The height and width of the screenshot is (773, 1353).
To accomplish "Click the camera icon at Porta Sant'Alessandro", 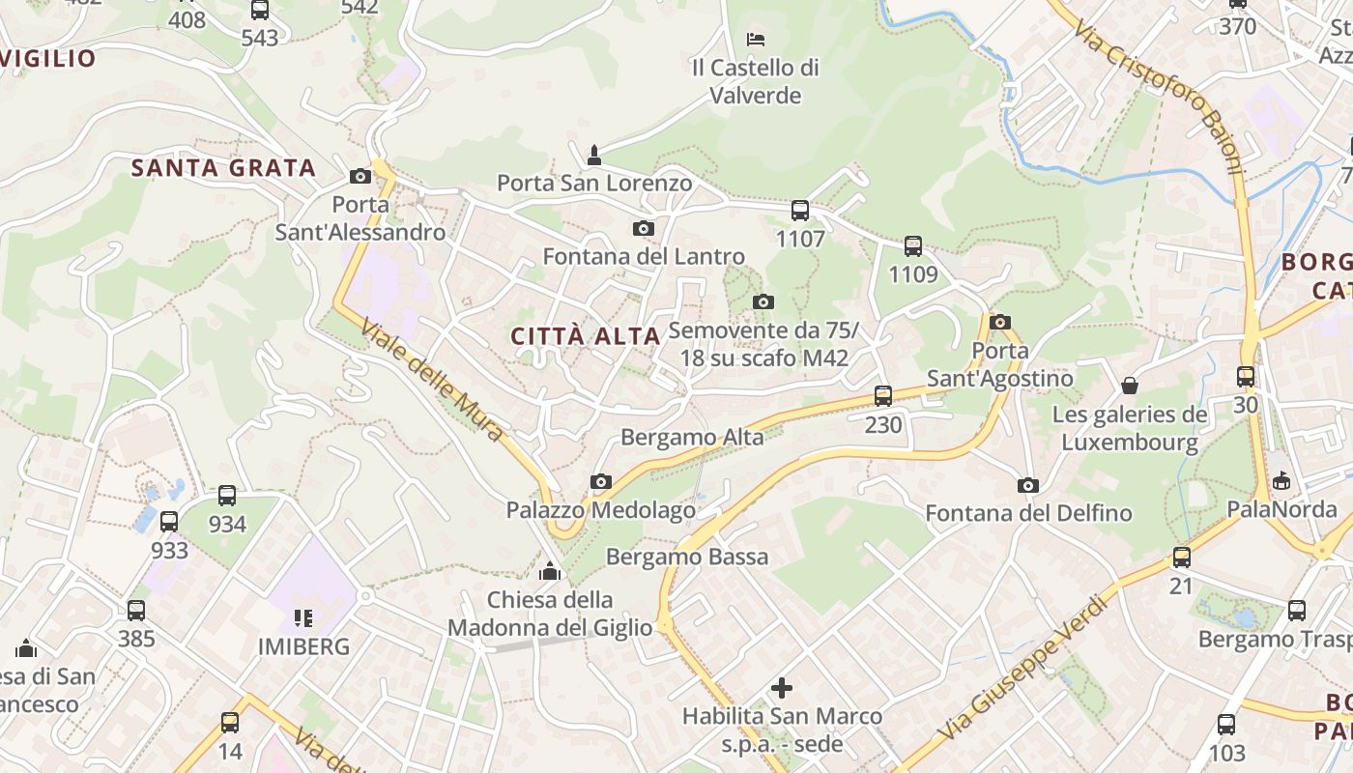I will tap(360, 176).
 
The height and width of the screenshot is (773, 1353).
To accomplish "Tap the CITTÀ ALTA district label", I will tap(585, 336).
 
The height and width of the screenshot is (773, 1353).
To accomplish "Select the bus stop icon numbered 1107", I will tap(800, 210).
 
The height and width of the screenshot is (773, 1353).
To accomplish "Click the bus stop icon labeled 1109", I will tap(913, 246).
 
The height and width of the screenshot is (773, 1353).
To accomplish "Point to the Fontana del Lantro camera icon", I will tap(643, 229).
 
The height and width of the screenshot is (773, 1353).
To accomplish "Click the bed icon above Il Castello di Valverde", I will tap(756, 40).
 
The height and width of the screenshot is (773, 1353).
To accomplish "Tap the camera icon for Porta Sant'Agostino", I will tap(1000, 322).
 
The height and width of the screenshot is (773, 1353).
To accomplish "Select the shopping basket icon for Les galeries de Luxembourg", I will tap(1130, 386).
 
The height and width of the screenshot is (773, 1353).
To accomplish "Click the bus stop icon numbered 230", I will tap(883, 395).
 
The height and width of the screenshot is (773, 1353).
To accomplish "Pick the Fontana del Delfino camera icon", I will tap(1028, 485).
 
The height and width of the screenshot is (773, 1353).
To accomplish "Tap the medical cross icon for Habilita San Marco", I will tap(782, 688).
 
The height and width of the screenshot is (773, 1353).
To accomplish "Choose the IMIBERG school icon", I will tap(303, 617).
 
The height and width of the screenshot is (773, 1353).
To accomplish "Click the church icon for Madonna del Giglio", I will tap(550, 571).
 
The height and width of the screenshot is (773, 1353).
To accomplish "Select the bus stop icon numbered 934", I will tap(227, 496).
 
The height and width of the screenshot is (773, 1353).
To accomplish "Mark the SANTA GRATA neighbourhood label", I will tap(223, 168).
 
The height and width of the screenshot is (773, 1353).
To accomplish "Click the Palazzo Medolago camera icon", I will tap(601, 481).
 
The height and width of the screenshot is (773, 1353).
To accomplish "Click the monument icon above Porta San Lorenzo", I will tap(594, 155).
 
